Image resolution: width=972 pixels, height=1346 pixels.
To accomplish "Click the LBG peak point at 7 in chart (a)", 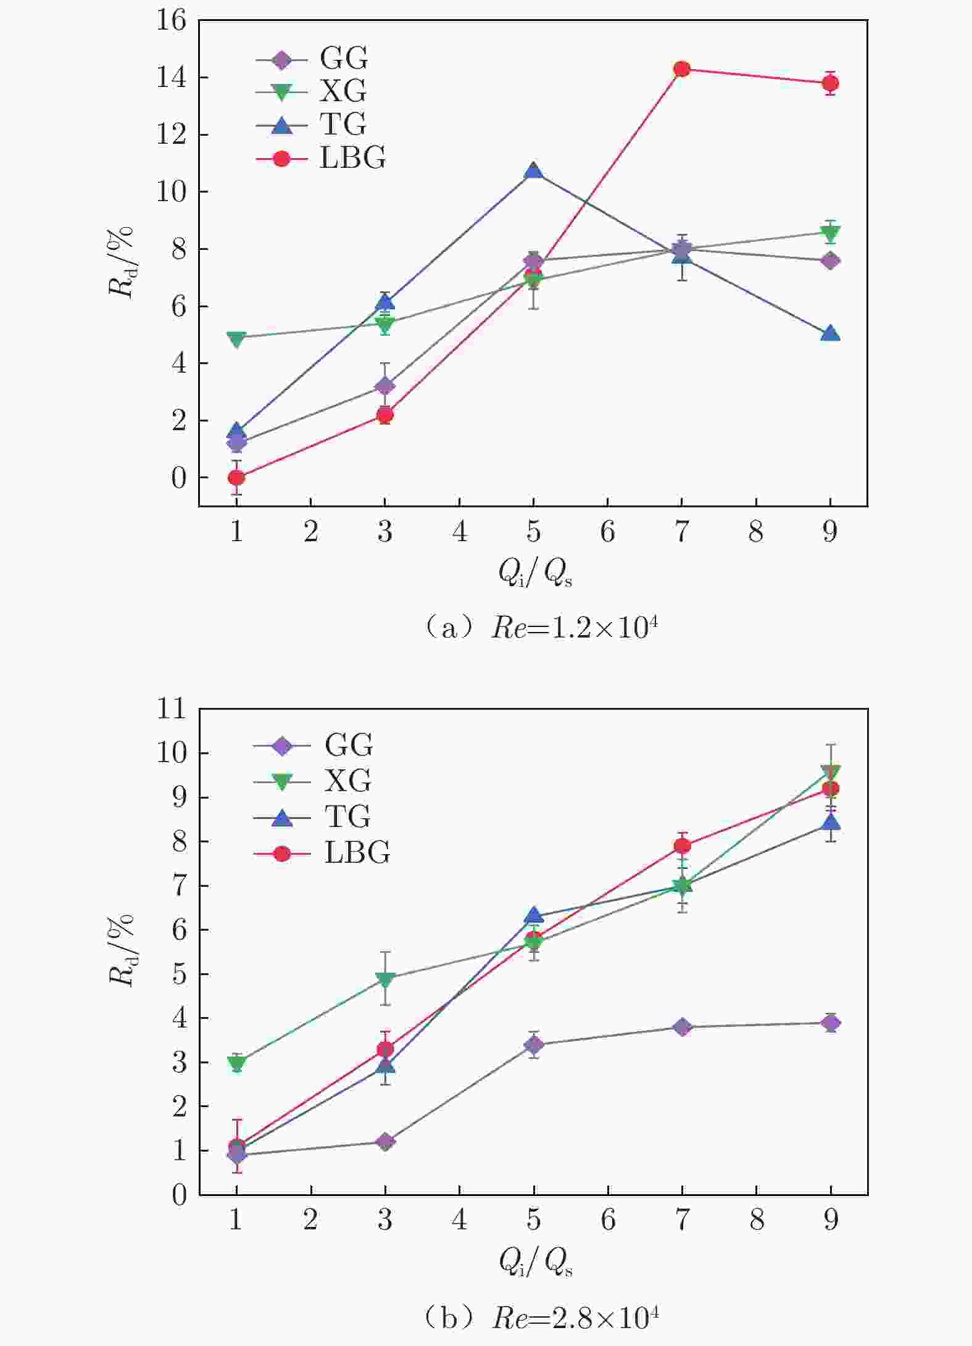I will [x=681, y=69].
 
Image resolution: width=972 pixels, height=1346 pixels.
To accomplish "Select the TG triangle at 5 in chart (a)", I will [x=533, y=171].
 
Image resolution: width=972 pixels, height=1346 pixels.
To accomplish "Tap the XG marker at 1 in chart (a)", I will [x=236, y=338].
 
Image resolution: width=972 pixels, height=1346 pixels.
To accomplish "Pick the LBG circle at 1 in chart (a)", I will [x=236, y=478].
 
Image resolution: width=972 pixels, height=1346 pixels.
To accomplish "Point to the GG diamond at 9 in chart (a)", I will [x=830, y=260].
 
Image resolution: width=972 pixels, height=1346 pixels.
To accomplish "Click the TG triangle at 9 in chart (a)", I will [x=830, y=334].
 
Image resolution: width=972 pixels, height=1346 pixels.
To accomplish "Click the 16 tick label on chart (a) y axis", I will [x=171, y=20].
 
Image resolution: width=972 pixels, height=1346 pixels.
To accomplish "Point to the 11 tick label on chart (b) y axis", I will [x=171, y=708].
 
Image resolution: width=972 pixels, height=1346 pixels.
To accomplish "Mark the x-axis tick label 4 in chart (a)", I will [x=459, y=531].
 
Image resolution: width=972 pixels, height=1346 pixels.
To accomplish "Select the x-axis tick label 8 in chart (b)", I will [x=756, y=1220].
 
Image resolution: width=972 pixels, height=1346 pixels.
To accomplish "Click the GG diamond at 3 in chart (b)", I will [x=385, y=1142].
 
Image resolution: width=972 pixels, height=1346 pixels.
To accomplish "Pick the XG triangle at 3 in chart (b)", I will [x=385, y=979].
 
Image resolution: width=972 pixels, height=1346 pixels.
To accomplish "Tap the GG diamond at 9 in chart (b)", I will [x=830, y=1023].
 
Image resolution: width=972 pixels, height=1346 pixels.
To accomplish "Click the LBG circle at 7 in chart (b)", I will [x=681, y=845].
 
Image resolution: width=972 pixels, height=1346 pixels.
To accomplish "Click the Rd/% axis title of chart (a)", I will [x=122, y=262].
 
